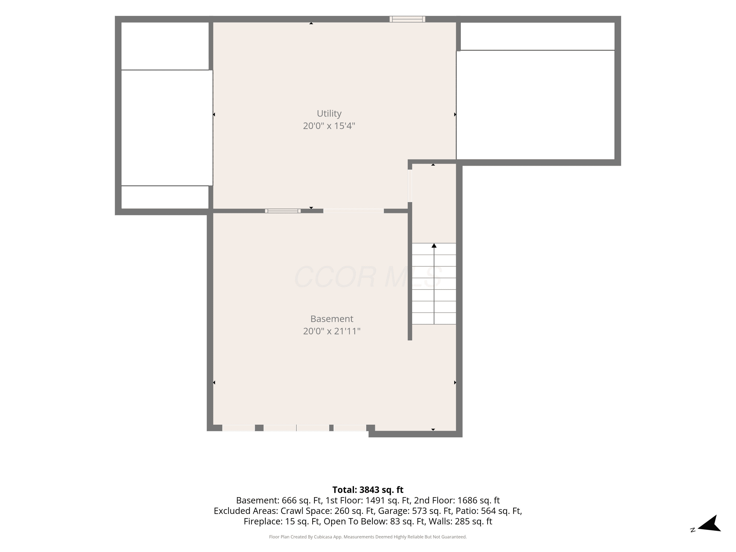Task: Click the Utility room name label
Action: [x=329, y=114]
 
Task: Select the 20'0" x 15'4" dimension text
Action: [x=329, y=126]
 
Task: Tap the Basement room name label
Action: [x=332, y=319]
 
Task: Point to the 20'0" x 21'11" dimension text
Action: [x=332, y=331]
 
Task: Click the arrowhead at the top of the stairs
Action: [x=434, y=246]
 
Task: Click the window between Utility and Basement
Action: [x=283, y=211]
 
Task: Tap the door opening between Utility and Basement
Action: [x=353, y=211]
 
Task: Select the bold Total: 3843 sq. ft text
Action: [x=368, y=490]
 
